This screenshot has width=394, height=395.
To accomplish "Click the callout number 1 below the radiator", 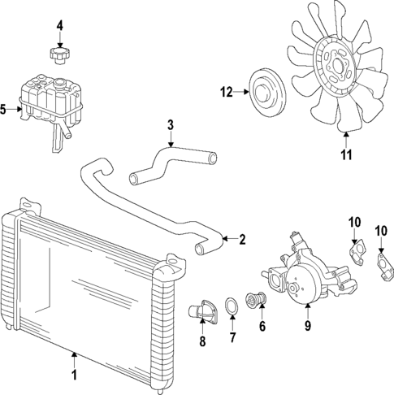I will coord(74,376).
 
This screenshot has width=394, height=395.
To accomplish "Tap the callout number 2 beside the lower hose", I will coord(241,239).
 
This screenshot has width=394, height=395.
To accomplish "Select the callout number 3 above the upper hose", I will coord(171,124).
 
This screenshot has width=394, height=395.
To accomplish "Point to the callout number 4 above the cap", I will coord(59,27).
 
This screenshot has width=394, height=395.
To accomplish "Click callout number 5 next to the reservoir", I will coord(5,107).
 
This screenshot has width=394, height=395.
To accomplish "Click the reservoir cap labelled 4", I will coord(59,57).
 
